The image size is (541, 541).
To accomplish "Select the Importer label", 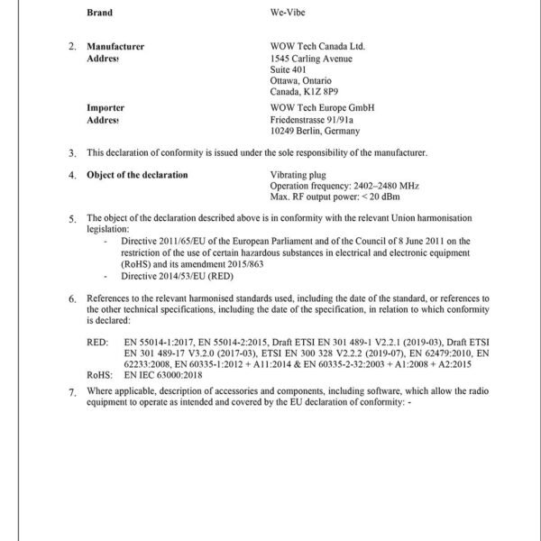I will (x=105, y=108).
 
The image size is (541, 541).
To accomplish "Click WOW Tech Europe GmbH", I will (x=322, y=108).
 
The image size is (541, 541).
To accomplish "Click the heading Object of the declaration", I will (x=137, y=174).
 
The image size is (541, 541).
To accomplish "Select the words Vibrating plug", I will (x=301, y=174).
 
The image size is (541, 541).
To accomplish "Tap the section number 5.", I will (x=73, y=219).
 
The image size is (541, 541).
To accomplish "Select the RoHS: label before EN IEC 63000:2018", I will (x=99, y=372).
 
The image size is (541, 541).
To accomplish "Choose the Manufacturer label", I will (x=115, y=46).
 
